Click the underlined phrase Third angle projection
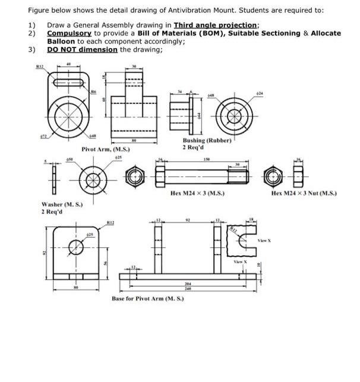pos(216,25)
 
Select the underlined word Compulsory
pos(70,33)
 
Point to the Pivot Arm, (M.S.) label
pos(105,149)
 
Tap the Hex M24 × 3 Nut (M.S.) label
pos(304,193)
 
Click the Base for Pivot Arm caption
pos(148,298)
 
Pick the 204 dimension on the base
pos(188,284)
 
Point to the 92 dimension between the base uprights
pos(187,220)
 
